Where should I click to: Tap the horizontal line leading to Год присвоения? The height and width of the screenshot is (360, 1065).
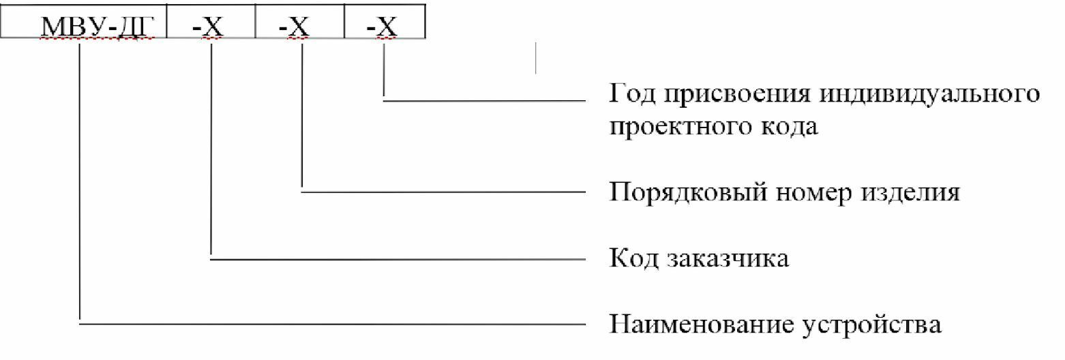(x=484, y=102)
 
